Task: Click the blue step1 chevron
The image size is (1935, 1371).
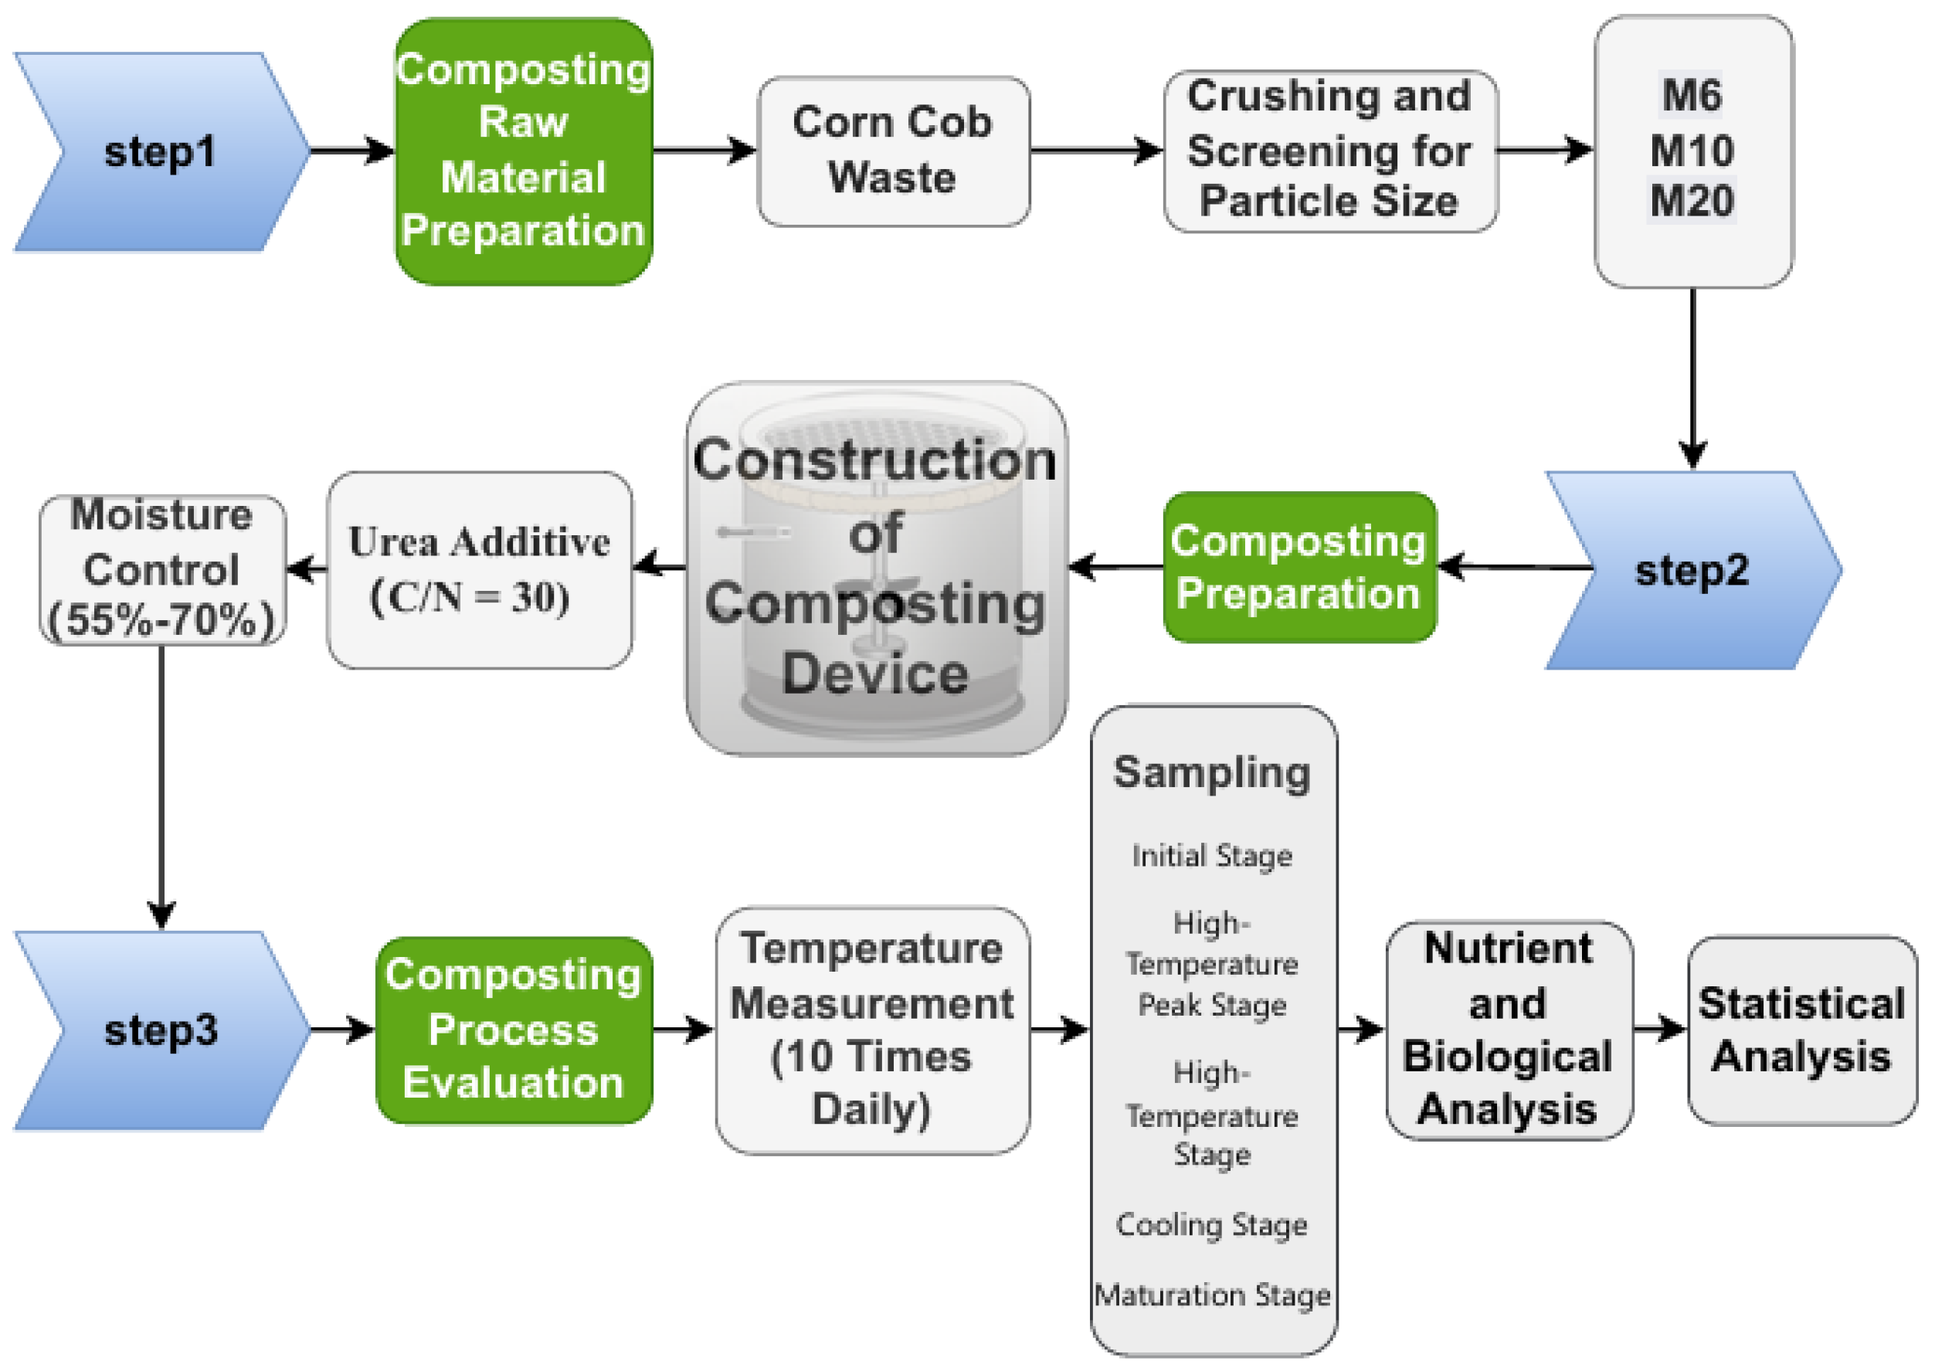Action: [161, 152]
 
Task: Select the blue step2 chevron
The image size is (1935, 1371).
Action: [1691, 571]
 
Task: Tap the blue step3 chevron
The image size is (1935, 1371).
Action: [161, 1030]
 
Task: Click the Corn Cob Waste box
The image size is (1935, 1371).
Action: [892, 151]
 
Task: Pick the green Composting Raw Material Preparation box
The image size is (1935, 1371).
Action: [524, 151]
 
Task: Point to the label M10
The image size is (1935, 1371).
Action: [1691, 151]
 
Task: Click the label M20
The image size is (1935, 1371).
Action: [1691, 201]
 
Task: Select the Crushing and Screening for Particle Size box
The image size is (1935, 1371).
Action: [1329, 151]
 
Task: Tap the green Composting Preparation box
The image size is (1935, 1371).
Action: [1298, 567]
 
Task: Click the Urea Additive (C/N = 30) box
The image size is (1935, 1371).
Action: [479, 570]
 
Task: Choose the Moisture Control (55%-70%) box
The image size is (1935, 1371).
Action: [161, 570]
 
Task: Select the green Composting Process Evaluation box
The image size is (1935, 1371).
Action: [514, 1030]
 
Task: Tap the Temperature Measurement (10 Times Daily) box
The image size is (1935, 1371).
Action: [871, 1030]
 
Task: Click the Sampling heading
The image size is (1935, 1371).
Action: [1212, 772]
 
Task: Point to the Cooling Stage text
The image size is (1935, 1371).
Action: [1212, 1225]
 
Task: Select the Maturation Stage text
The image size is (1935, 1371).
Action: [1212, 1295]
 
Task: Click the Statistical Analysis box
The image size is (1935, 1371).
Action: [1801, 1030]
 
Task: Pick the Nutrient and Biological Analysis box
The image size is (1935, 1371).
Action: [1508, 1030]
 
